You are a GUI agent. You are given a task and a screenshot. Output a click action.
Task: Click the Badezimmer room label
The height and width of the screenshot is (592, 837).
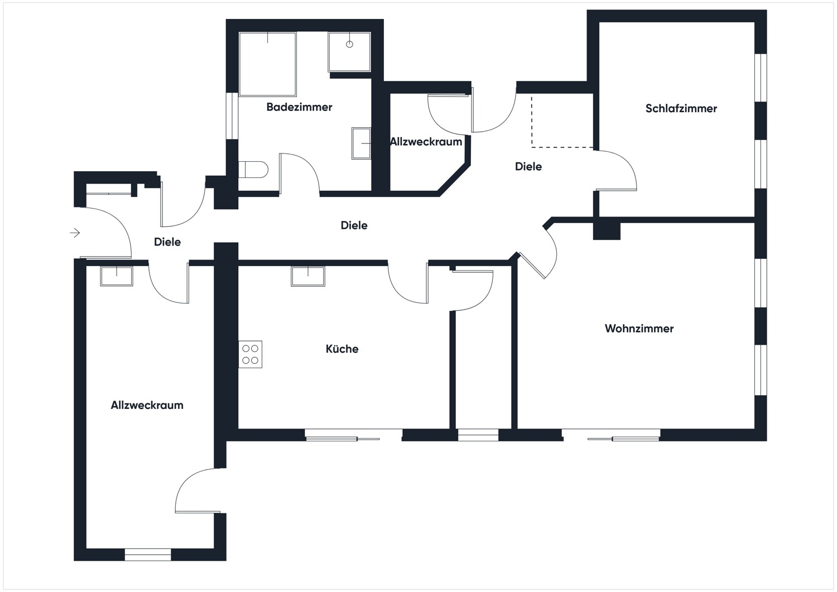pyautogui.click(x=299, y=107)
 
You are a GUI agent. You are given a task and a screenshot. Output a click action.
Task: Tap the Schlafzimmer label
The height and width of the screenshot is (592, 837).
pyautogui.click(x=681, y=109)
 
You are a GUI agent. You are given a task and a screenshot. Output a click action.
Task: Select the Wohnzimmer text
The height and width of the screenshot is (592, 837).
pyautogui.click(x=639, y=329)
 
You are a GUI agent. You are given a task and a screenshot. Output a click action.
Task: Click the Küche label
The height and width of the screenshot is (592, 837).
pyautogui.click(x=342, y=349)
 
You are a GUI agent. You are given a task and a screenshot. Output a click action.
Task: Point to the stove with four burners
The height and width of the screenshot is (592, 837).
pyautogui.click(x=251, y=354)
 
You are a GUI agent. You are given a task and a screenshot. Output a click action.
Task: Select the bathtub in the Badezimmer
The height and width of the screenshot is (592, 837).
pyautogui.click(x=267, y=64)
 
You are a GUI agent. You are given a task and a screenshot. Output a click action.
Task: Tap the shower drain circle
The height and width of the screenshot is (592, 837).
pyautogui.click(x=349, y=44)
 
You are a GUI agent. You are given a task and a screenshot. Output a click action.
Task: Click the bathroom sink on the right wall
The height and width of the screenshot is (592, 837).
pyautogui.click(x=361, y=143)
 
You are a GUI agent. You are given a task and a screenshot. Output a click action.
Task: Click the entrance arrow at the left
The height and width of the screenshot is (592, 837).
pyautogui.click(x=75, y=233)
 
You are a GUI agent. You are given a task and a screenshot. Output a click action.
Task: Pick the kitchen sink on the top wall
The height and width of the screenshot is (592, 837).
pyautogui.click(x=308, y=276)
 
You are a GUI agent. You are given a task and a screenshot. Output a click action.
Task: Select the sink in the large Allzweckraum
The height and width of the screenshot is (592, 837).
pyautogui.click(x=117, y=276)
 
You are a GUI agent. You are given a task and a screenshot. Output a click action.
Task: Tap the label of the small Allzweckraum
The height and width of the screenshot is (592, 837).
pyautogui.click(x=426, y=142)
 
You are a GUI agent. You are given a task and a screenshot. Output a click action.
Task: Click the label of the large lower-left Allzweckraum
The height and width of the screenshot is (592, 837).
pyautogui.click(x=147, y=406)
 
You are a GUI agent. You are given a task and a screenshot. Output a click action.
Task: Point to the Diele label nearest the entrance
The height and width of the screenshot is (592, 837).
pyautogui.click(x=167, y=242)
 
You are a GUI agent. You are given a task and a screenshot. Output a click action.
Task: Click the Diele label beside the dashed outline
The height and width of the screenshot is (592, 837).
pyautogui.click(x=528, y=167)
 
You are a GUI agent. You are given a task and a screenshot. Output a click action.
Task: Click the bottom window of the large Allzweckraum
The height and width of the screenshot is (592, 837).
pyautogui.click(x=147, y=555)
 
